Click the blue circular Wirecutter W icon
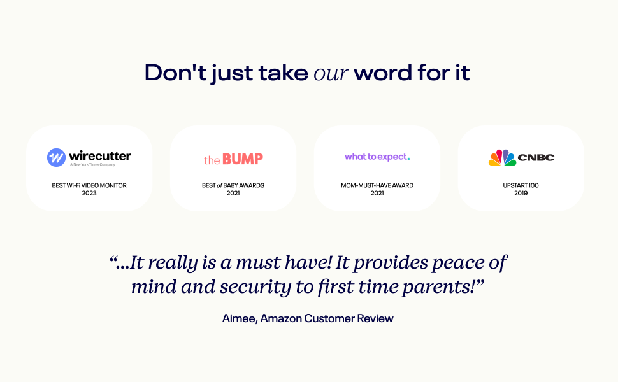(56, 157)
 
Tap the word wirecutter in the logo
(100, 156)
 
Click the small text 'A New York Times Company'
(92, 165)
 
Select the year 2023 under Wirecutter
(89, 193)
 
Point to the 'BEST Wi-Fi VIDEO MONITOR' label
(89, 185)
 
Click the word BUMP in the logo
(242, 159)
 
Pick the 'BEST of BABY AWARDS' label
(233, 185)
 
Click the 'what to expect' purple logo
(377, 157)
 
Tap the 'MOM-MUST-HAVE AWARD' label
(377, 185)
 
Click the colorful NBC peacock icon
(502, 157)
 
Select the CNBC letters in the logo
(536, 157)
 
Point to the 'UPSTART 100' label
(521, 185)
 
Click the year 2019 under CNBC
(521, 193)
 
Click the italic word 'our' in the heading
(331, 74)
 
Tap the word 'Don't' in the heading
(175, 73)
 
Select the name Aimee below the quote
(240, 318)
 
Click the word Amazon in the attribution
(281, 318)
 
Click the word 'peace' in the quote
(458, 263)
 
